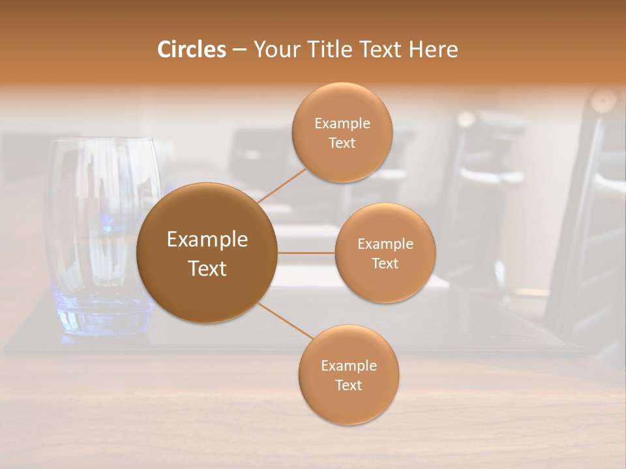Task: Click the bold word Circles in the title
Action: click(x=191, y=49)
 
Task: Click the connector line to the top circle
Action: click(x=282, y=185)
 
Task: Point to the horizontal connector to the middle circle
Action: click(x=306, y=253)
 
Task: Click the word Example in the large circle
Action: click(x=207, y=240)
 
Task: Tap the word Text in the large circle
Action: click(x=207, y=268)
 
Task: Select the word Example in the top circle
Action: click(x=342, y=124)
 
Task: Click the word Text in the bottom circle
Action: click(x=349, y=386)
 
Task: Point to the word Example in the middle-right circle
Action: click(x=385, y=244)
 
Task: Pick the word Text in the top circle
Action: click(x=342, y=143)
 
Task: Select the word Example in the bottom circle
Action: click(x=349, y=366)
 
